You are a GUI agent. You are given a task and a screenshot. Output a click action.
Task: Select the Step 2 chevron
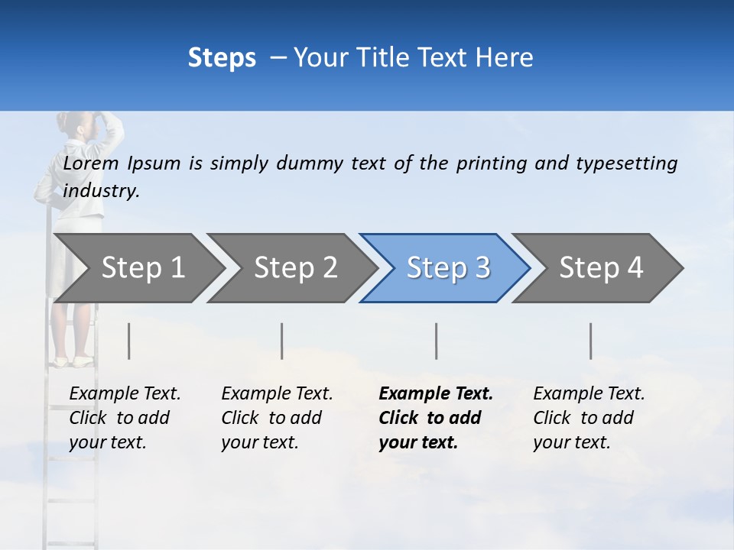tap(294, 268)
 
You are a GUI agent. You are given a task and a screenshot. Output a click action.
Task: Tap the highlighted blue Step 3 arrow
tap(447, 268)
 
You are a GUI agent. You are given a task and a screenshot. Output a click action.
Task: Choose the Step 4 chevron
tap(600, 268)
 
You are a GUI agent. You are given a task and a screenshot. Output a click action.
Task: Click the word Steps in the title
tap(222, 57)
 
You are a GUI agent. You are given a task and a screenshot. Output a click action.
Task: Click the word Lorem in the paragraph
tap(91, 163)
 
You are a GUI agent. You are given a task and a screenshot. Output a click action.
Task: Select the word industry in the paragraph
tap(101, 191)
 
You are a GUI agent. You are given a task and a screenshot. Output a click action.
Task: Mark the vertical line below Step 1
tap(129, 341)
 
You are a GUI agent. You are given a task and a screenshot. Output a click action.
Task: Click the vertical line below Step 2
tap(282, 341)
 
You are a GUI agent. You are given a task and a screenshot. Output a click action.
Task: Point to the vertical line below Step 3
tap(437, 341)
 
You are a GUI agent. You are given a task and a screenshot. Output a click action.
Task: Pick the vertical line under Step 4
tap(591, 341)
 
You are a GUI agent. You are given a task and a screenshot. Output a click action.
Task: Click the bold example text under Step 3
tap(434, 418)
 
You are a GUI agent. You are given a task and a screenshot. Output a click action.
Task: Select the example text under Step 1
tap(124, 418)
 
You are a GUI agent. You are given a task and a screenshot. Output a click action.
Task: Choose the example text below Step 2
tap(276, 418)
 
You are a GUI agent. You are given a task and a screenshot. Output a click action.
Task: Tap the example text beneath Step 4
tap(588, 418)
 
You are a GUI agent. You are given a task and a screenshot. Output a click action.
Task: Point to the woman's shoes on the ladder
tap(73, 360)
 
